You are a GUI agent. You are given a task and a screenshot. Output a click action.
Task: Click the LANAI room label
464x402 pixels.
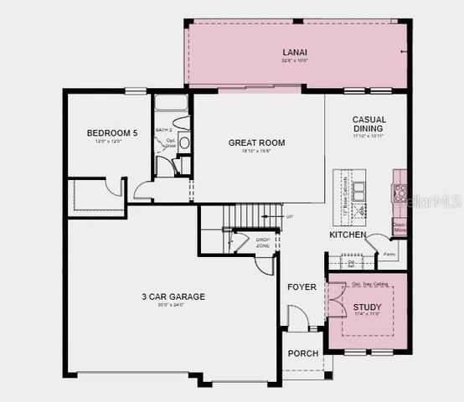click(296, 53)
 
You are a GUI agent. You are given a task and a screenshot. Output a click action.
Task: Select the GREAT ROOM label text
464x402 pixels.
click(256, 143)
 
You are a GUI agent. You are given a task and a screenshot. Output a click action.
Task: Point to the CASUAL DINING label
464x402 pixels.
click(369, 124)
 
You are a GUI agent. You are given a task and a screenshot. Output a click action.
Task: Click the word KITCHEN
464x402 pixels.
click(347, 235)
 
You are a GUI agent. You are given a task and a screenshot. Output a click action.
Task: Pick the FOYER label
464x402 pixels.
click(302, 287)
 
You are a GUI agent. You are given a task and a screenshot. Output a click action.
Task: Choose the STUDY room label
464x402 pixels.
click(367, 308)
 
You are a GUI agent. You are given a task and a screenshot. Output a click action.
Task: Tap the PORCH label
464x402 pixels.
click(303, 353)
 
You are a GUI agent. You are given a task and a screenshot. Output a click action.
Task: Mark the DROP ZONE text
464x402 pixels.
click(263, 242)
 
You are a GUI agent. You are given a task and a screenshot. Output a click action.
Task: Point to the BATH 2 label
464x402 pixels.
click(165, 131)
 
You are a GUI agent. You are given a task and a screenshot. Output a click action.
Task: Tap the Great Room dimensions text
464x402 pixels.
click(256, 152)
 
